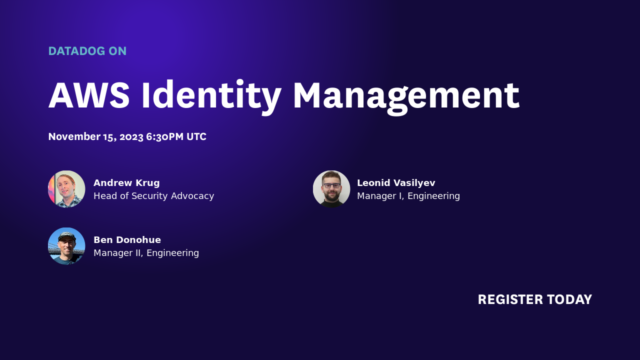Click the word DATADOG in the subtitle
click(76, 51)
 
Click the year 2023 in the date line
click(131, 136)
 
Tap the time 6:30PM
click(165, 136)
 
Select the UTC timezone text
click(196, 136)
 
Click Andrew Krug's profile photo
click(66, 189)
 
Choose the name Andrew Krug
click(126, 183)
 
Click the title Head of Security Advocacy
click(153, 196)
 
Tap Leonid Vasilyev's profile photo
click(331, 189)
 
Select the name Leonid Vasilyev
click(396, 183)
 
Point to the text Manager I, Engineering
click(408, 196)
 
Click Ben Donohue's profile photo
click(66, 246)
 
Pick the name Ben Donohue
click(127, 240)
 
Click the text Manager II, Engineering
click(146, 253)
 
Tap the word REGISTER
click(510, 299)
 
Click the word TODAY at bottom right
click(569, 299)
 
